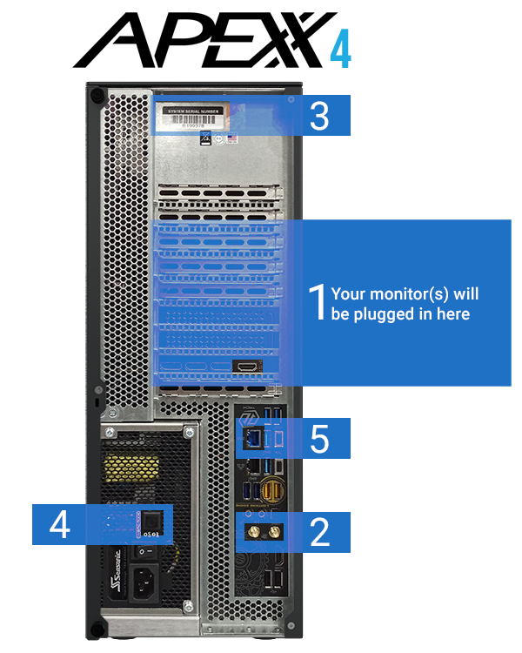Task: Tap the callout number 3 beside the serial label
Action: (319, 116)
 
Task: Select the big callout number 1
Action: (319, 302)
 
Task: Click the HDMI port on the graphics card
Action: (247, 367)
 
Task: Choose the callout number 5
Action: (319, 439)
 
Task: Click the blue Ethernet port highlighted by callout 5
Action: (253, 440)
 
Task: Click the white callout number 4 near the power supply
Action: (59, 525)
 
